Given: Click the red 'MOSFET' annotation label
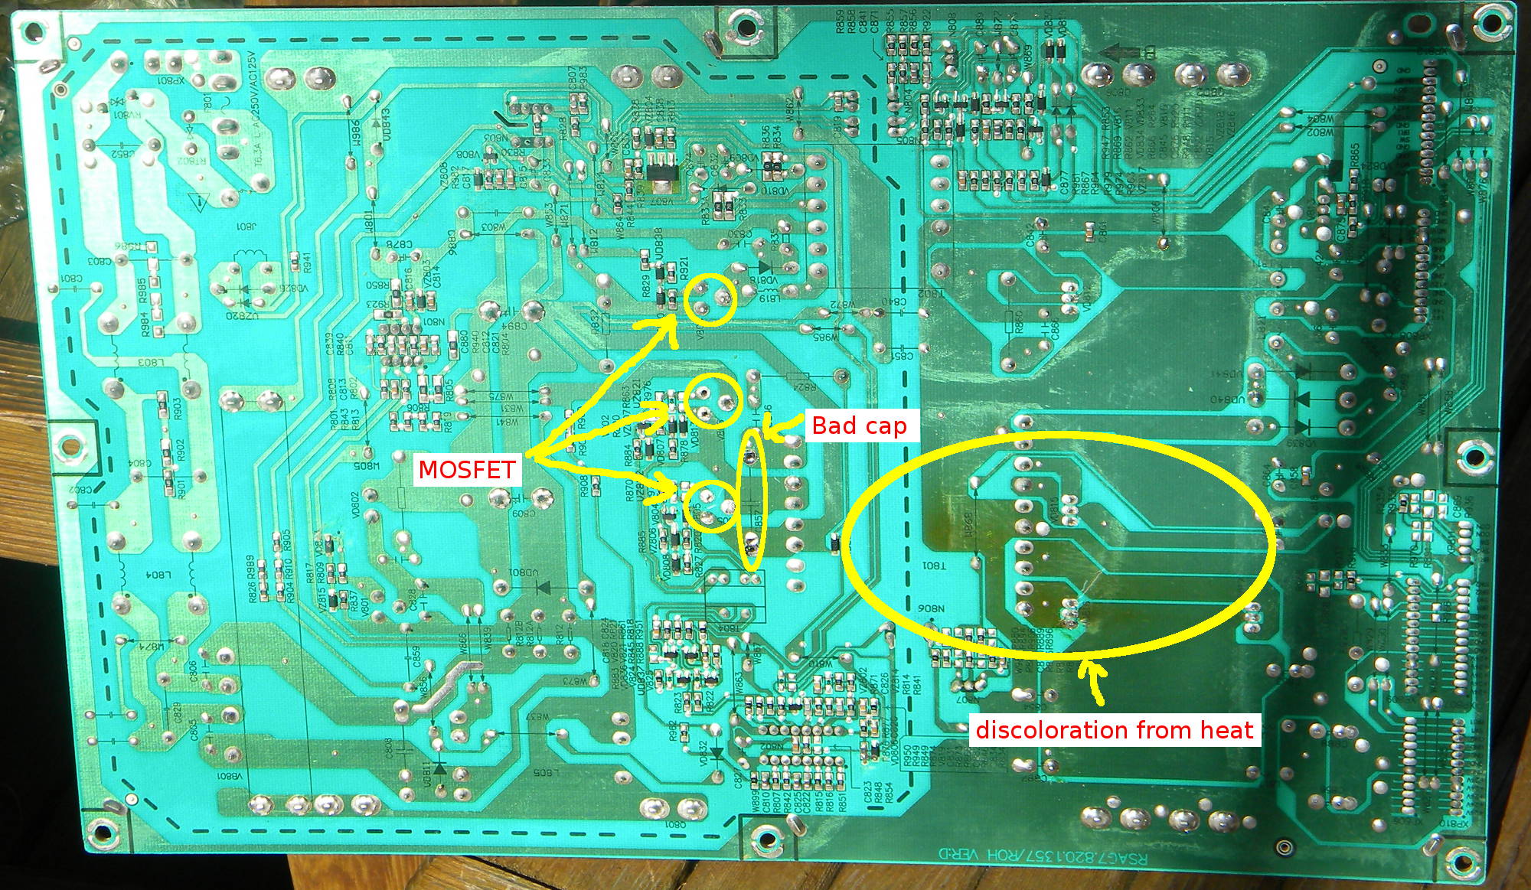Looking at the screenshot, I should [467, 469].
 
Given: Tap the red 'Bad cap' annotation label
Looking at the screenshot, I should [859, 425].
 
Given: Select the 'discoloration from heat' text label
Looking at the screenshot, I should [1114, 729].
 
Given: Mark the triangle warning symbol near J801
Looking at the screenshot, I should [201, 203].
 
